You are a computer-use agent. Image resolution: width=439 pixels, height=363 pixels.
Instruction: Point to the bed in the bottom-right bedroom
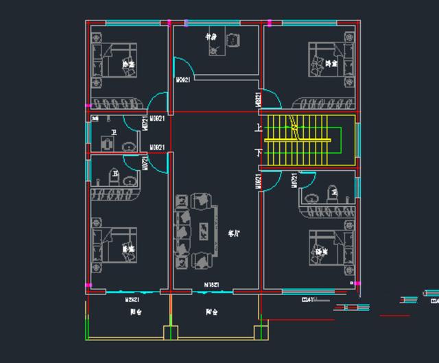(329, 248)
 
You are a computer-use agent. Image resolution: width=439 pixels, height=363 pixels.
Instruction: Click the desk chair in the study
(233, 40)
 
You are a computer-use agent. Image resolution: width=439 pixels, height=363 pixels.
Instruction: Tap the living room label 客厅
(234, 233)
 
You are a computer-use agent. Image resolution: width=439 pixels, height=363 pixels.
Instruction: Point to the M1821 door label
(211, 284)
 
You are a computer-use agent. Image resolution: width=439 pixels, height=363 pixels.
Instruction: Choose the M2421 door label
(132, 300)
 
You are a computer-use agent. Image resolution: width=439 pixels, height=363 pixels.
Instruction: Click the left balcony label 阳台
(135, 312)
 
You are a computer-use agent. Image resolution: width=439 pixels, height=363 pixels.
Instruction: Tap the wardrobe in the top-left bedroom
(119, 104)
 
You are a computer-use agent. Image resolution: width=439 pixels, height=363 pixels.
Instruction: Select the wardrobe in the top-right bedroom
(322, 104)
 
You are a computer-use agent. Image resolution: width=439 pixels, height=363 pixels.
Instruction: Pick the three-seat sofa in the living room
(183, 230)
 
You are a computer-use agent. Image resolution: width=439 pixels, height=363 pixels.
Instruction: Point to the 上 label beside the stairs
(258, 128)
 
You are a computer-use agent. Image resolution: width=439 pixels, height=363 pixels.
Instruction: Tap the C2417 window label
(309, 300)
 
